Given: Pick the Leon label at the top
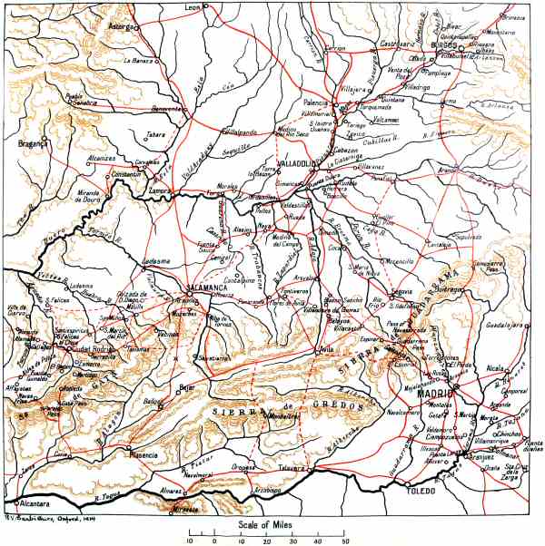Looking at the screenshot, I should tap(192, 6).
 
